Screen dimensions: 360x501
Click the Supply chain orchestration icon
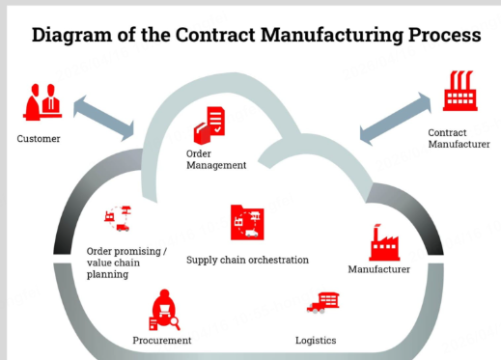pyautogui.click(x=244, y=223)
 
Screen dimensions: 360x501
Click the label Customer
pyautogui.click(x=39, y=139)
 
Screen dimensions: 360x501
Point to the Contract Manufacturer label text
pyautogui.click(x=459, y=138)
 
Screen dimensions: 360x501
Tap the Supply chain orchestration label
pyautogui.click(x=247, y=260)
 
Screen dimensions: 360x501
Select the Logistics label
pyautogui.click(x=316, y=341)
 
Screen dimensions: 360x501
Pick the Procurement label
pyautogui.click(x=162, y=341)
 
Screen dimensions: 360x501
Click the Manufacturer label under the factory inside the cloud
pyautogui.click(x=379, y=269)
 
